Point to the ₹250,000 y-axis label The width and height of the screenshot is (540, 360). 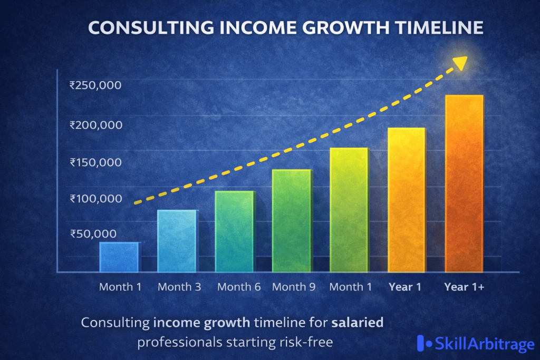pyautogui.click(x=95, y=85)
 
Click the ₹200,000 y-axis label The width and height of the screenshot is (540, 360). pyautogui.click(x=95, y=125)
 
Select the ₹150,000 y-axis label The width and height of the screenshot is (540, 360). pyautogui.click(x=95, y=162)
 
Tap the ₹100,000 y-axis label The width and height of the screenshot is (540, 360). pyautogui.click(x=95, y=199)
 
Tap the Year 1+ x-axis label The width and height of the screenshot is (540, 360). pyautogui.click(x=464, y=287)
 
